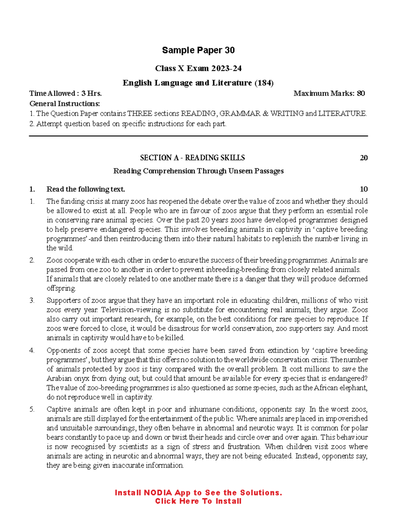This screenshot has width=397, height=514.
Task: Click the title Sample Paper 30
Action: click(198, 50)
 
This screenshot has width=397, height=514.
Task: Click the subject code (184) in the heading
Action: click(264, 83)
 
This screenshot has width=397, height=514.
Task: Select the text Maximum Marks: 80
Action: click(329, 93)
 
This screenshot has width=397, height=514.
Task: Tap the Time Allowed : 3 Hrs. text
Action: click(66, 93)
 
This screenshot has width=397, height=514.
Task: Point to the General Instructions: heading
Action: click(65, 104)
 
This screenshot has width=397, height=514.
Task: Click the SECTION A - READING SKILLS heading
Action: click(192, 158)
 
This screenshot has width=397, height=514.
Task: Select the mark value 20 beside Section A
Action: click(364, 158)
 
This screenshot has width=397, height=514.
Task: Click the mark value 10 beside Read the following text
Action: click(364, 189)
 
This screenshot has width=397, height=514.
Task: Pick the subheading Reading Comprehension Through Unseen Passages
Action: click(198, 171)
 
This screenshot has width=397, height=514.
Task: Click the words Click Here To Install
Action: click(198, 501)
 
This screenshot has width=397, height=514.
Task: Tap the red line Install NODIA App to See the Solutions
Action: click(198, 493)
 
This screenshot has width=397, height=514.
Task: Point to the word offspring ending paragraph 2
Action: click(61, 288)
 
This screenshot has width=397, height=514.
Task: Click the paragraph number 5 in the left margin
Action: click(32, 409)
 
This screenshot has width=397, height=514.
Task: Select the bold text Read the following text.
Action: click(86, 189)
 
